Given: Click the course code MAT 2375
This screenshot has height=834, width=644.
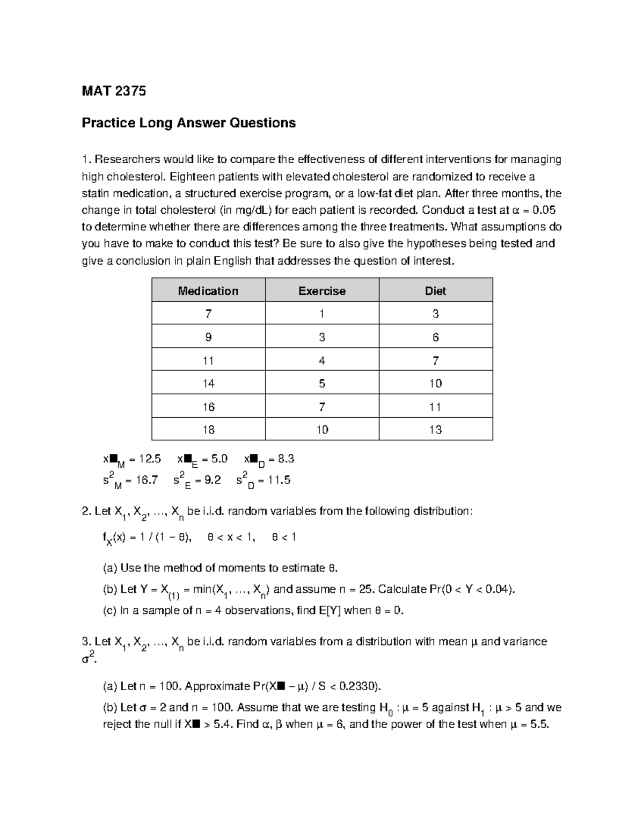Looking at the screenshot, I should click(x=113, y=91).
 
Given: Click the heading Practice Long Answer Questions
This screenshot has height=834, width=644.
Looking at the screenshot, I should click(x=188, y=123).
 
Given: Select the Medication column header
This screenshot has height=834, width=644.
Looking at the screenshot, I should click(x=208, y=291).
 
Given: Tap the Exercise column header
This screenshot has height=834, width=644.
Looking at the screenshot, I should click(x=322, y=291).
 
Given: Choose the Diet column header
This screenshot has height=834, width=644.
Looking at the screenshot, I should click(x=435, y=291).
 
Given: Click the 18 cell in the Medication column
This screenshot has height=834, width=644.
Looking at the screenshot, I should click(x=208, y=430).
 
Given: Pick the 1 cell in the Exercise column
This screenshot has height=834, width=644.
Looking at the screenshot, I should click(x=322, y=314).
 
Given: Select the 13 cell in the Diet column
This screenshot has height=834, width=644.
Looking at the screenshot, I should click(x=435, y=430).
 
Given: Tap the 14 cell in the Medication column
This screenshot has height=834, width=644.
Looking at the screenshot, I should click(x=208, y=383).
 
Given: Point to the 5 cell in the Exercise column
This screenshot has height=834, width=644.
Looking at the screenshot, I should click(x=322, y=383).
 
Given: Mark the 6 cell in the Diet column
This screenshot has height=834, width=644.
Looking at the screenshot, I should click(x=435, y=337).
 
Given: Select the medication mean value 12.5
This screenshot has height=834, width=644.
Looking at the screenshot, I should click(x=150, y=459).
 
